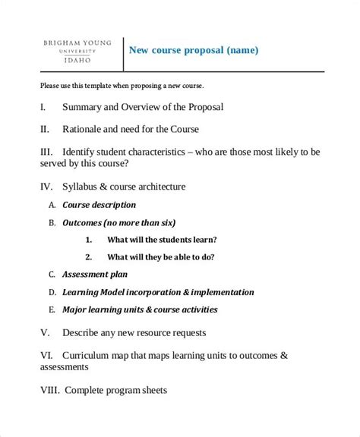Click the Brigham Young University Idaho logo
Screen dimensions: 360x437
click(74, 51)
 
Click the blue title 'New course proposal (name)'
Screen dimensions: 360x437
click(194, 51)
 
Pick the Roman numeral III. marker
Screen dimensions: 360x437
click(48, 151)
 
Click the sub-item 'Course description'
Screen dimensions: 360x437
click(99, 205)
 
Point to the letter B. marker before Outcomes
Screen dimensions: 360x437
click(52, 223)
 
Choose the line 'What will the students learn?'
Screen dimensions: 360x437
click(162, 239)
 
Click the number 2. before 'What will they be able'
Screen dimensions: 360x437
click(88, 256)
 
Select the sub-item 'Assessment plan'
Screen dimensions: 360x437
click(95, 274)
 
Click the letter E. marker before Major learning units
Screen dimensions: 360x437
click(52, 310)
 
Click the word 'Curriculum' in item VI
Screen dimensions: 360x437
click(93, 354)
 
